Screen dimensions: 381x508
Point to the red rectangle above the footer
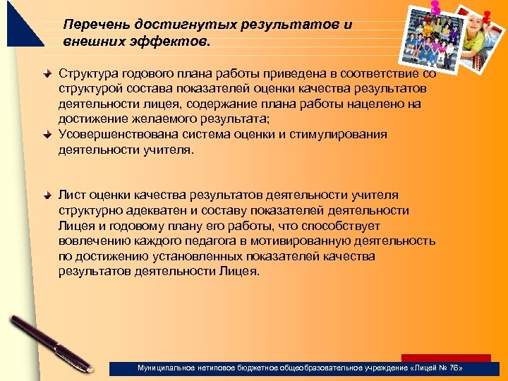(446, 358)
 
